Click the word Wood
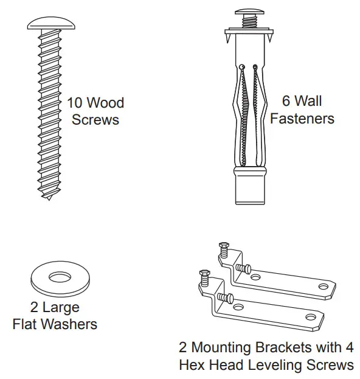pos(106,102)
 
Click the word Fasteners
pos(302,118)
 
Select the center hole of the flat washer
pos(60,278)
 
